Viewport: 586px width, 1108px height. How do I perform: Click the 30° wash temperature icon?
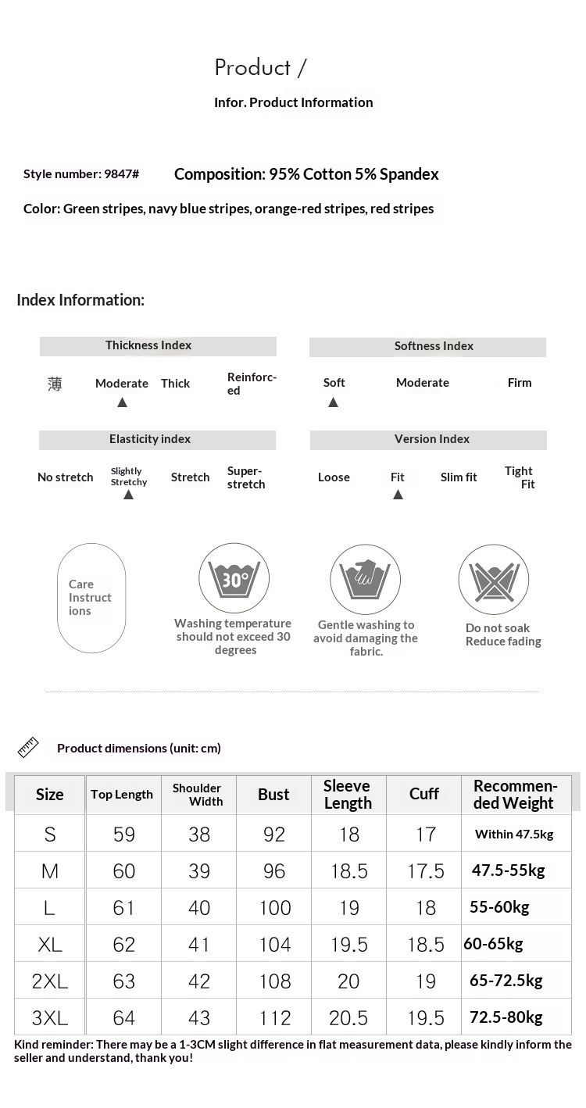pyautogui.click(x=234, y=579)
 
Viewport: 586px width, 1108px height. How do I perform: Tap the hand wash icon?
pyautogui.click(x=365, y=580)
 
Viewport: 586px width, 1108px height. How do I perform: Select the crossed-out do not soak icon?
pyautogui.click(x=493, y=580)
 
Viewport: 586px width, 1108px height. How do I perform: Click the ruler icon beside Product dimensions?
pyautogui.click(x=28, y=748)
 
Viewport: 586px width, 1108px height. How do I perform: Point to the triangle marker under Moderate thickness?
pyautogui.click(x=122, y=402)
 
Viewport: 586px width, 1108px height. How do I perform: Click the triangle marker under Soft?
pyautogui.click(x=333, y=402)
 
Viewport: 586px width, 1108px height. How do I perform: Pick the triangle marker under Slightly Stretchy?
pyautogui.click(x=128, y=495)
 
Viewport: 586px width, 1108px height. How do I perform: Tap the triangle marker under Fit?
pyautogui.click(x=398, y=495)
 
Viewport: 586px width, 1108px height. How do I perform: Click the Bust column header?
pyautogui.click(x=273, y=795)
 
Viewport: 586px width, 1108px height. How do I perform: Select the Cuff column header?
pyautogui.click(x=424, y=794)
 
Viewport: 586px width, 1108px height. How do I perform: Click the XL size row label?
pyautogui.click(x=50, y=945)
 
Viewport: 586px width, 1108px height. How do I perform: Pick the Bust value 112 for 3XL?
pyautogui.click(x=275, y=1018)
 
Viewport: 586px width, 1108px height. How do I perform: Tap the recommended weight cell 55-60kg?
pyautogui.click(x=499, y=907)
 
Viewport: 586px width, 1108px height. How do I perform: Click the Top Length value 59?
pyautogui.click(x=124, y=835)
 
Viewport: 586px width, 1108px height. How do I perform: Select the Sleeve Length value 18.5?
pyautogui.click(x=349, y=871)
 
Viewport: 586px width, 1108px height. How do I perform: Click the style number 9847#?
pyautogui.click(x=121, y=174)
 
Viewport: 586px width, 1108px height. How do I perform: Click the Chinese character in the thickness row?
pyautogui.click(x=55, y=384)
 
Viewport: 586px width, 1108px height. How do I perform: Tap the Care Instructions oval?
pyautogui.click(x=91, y=598)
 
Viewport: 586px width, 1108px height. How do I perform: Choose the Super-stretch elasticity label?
pyautogui.click(x=246, y=477)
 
